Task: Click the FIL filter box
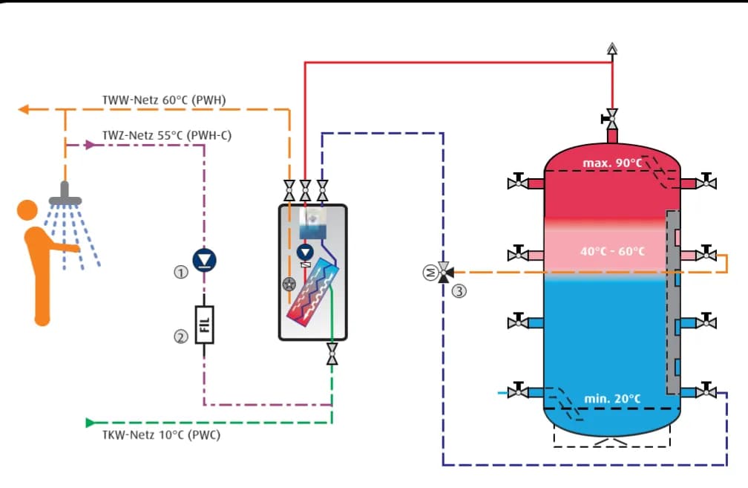coord(205,325)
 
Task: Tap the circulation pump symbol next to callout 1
coord(203,259)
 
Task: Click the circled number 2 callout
coord(180,336)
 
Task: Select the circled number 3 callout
coord(459,291)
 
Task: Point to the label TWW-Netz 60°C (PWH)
coord(164,99)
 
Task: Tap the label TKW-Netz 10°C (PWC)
coord(161,435)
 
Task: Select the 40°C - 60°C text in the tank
coord(612,251)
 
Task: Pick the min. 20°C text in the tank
coord(612,399)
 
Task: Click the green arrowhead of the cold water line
coord(91,423)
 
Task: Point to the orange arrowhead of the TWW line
coord(23,110)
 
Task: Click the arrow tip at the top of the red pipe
coord(611,49)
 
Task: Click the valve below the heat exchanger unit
coord(332,354)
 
